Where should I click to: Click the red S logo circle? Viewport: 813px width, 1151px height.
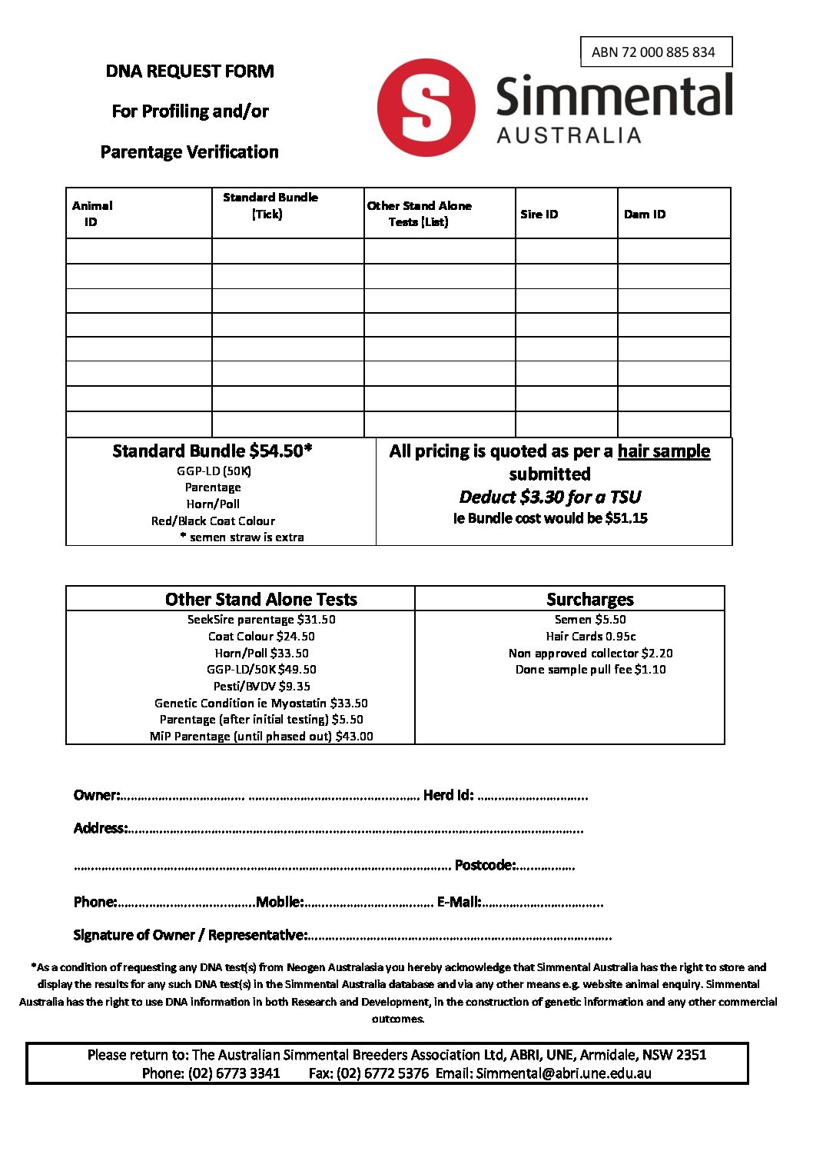point(426,108)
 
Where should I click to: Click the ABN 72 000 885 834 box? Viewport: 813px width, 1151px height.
point(655,52)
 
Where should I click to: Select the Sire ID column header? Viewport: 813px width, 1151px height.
point(539,214)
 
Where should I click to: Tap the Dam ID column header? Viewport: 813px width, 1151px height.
point(644,214)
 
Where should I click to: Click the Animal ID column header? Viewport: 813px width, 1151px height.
point(91,214)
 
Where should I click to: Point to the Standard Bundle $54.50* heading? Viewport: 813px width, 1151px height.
point(212,451)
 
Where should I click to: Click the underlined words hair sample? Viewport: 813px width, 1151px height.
point(663,451)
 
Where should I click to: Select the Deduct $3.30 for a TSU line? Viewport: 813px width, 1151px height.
point(549,497)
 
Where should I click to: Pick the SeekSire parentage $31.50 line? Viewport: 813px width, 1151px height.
point(261,620)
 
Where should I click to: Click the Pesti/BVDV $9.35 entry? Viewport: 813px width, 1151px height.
point(261,686)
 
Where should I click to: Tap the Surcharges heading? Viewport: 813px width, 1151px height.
point(589,599)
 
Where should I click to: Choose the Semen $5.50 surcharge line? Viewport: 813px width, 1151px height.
point(589,620)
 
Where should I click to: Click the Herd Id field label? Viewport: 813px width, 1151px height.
point(448,795)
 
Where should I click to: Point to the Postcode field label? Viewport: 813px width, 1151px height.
point(484,865)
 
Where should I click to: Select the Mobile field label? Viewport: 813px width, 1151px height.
point(280,902)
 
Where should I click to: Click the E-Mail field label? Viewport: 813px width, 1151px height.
point(459,902)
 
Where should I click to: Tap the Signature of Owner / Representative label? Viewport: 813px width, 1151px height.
point(190,935)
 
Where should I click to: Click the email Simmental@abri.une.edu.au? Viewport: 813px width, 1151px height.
point(563,1073)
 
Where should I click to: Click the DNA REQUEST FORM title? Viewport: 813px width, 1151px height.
point(190,72)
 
